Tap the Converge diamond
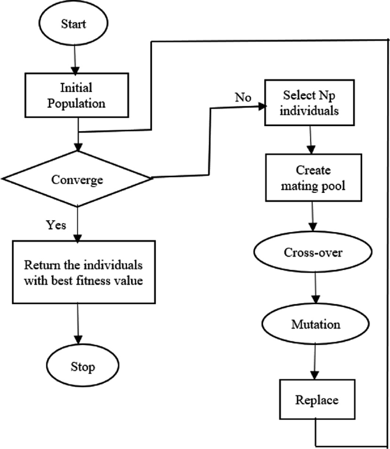pos(77,179)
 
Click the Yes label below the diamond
pos(56,224)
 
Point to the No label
pos(243,98)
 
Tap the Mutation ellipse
pos(315,325)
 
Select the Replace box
pos(315,399)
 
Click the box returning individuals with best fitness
pos(84,273)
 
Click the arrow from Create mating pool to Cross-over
pos(313,217)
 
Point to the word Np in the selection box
pos(331,95)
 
